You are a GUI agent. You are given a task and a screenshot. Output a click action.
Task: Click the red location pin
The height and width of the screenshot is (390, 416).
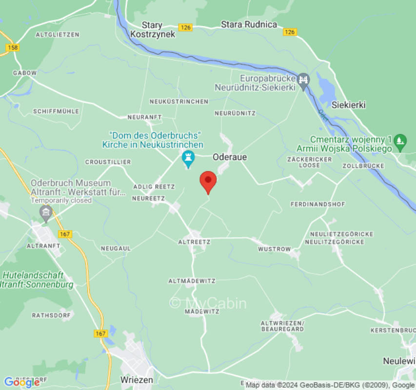point(208,181)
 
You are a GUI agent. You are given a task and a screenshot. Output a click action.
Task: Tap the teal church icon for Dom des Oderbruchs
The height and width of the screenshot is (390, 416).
point(188,158)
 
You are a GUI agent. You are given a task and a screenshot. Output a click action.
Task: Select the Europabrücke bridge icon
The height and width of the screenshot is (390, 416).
point(303,79)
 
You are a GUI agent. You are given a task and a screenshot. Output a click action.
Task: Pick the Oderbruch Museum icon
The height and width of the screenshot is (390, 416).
point(46,212)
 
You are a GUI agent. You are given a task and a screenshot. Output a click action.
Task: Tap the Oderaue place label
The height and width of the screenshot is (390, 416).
point(230,157)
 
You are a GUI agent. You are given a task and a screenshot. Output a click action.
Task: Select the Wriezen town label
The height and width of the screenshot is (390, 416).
point(137,379)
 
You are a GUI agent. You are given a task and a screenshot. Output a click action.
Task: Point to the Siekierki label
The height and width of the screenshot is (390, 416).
point(348,105)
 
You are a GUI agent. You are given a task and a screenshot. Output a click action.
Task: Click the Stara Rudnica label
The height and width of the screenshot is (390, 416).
point(249,24)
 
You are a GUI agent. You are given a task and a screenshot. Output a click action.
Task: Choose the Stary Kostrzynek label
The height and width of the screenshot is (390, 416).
point(153,30)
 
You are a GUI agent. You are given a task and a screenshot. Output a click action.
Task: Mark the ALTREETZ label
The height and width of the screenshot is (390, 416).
point(194,242)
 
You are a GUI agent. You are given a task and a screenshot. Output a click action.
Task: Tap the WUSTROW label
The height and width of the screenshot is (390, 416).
point(274,249)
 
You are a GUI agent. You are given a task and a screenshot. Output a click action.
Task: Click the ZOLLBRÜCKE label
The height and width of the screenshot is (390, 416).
point(363,166)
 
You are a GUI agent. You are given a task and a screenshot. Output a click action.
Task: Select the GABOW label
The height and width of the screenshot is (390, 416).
point(24,73)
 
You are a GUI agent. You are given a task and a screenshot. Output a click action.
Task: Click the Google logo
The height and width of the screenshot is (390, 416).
point(22,382)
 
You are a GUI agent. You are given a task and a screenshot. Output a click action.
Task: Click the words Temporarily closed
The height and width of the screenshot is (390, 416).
point(61,200)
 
